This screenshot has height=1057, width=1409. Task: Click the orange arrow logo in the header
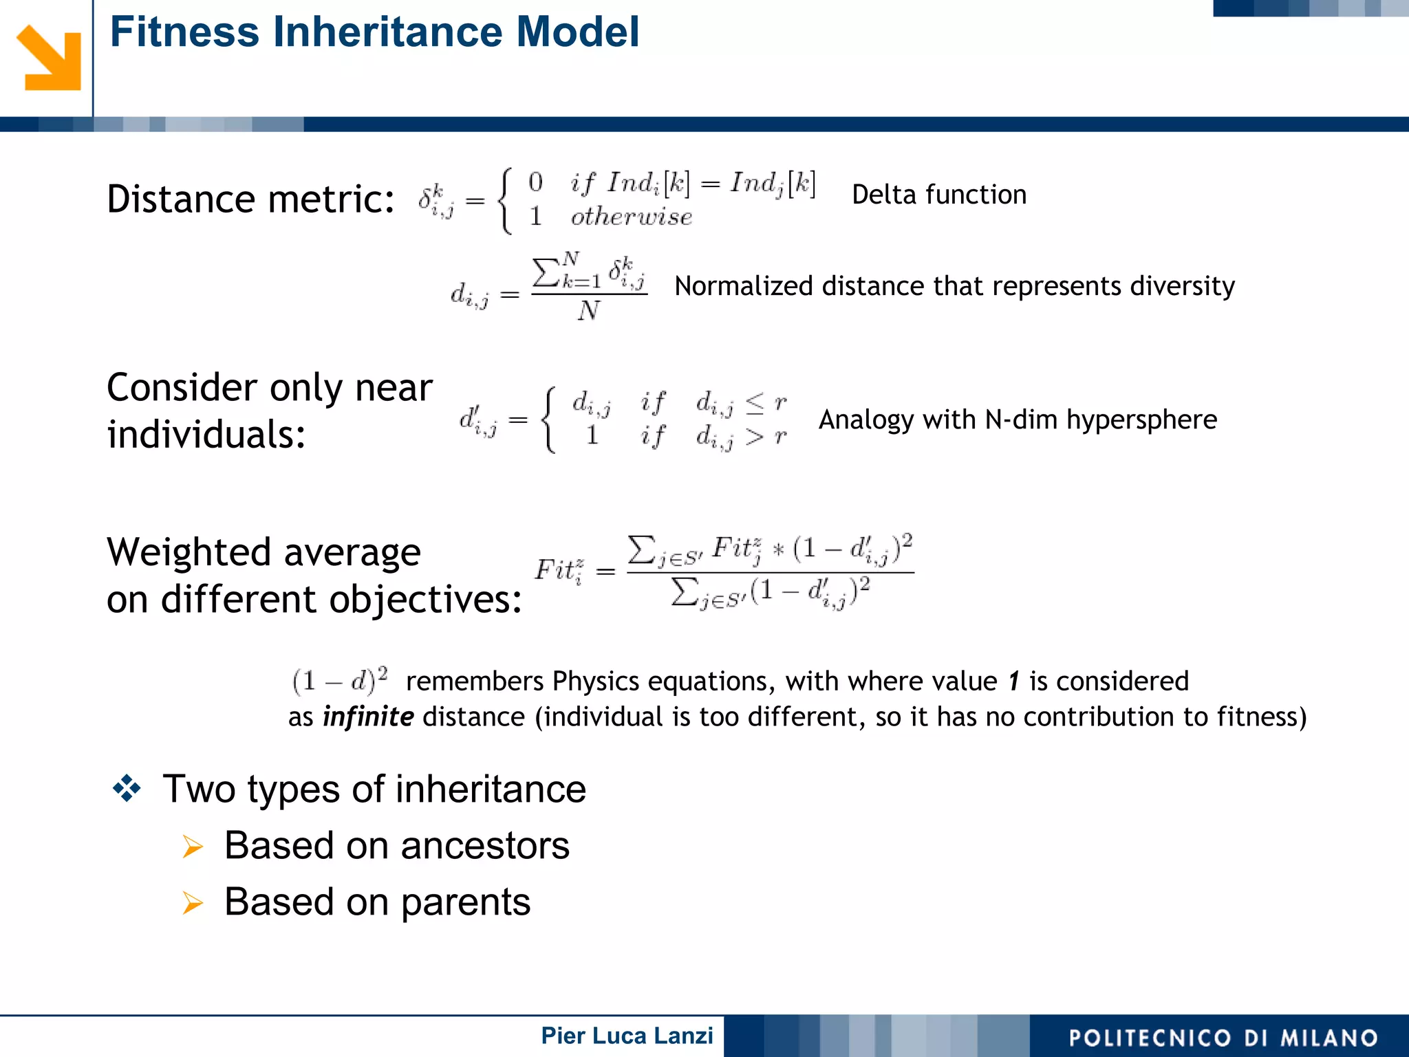(x=48, y=58)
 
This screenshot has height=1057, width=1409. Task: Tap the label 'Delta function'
(x=938, y=195)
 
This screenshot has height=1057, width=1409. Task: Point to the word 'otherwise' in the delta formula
(x=631, y=217)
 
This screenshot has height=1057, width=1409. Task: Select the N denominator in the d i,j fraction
(x=588, y=311)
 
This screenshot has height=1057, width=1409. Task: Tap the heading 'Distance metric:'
(x=250, y=199)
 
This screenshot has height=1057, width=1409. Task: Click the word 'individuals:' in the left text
(x=206, y=435)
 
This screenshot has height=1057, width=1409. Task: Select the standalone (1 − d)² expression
(x=340, y=680)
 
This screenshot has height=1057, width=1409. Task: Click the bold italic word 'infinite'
(x=368, y=717)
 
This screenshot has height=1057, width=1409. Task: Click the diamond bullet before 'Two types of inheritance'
(x=127, y=788)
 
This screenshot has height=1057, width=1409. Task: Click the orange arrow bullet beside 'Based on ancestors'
(x=193, y=847)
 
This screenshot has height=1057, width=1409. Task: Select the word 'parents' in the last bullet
(x=465, y=902)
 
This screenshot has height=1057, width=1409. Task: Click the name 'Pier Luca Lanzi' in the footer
(x=627, y=1036)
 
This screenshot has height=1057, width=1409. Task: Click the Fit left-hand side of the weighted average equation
(x=559, y=570)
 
